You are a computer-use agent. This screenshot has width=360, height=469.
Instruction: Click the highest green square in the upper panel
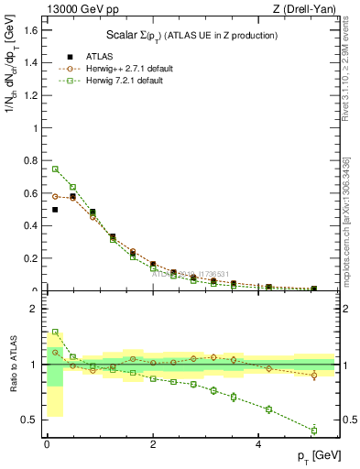[55, 169]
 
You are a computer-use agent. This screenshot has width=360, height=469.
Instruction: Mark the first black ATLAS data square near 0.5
[55, 210]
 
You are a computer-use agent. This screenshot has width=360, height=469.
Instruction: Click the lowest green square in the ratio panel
[313, 431]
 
